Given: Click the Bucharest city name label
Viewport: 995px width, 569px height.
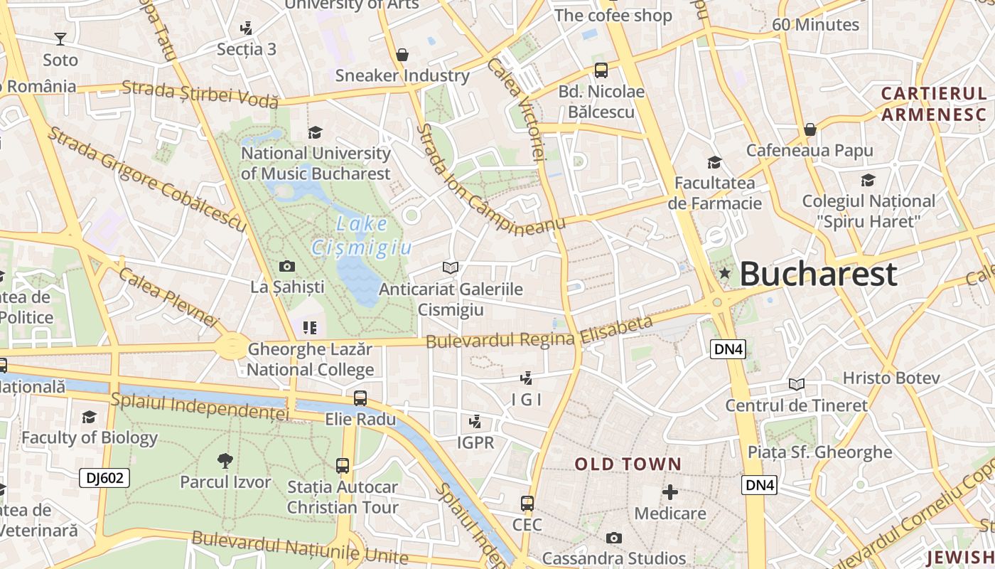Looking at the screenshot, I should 818,274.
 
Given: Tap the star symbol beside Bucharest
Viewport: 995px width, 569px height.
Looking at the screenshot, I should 724,273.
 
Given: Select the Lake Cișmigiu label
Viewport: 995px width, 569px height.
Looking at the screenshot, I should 362,236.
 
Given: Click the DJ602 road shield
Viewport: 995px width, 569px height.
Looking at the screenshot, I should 104,478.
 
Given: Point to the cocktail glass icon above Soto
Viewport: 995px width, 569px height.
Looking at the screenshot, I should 60,38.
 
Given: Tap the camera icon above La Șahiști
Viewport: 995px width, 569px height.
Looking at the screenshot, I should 287,267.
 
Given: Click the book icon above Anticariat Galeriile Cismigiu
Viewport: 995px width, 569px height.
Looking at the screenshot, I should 450,267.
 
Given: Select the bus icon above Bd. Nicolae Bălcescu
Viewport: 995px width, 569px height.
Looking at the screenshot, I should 601,70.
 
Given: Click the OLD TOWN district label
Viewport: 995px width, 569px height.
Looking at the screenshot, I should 628,464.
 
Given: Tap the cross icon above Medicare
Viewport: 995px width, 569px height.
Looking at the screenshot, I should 669,491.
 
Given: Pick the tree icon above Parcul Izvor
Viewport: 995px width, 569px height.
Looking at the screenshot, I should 225,461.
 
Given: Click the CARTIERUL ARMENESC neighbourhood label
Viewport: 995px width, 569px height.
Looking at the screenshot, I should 934,104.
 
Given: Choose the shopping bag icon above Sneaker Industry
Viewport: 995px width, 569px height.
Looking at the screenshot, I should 402,55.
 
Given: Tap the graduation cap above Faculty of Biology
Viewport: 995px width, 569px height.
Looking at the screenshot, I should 89,417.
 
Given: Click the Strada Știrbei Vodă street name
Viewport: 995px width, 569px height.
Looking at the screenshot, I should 200,95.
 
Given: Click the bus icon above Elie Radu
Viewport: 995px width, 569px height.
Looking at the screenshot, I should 360,398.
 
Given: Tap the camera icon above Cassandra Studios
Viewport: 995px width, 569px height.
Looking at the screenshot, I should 613,538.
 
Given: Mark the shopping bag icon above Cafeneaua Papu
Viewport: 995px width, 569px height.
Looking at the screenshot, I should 810,129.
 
